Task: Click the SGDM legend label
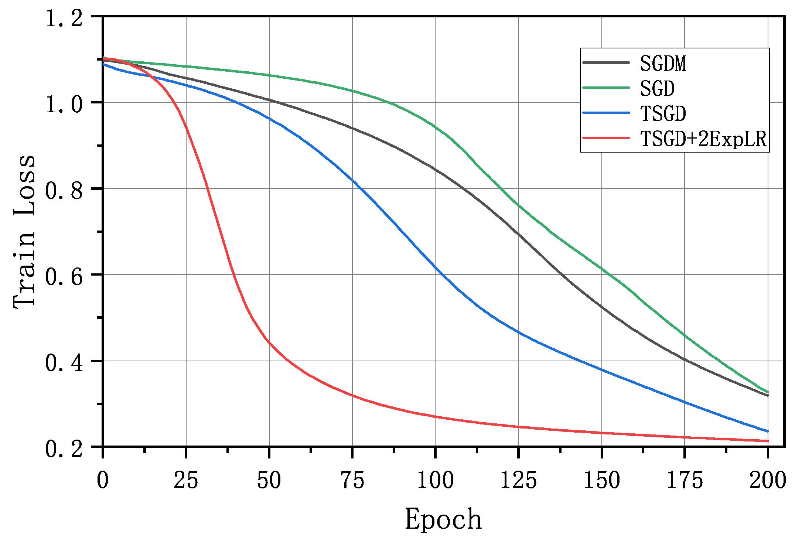tap(663, 64)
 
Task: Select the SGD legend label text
tap(657, 89)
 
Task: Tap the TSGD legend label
tap(663, 113)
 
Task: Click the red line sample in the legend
tap(606, 138)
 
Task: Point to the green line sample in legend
tap(606, 88)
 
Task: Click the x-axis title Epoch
tap(443, 519)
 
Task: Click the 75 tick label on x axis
tap(352, 481)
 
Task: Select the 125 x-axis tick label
tap(518, 481)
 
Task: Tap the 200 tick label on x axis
tap(767, 481)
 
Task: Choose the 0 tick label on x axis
tap(103, 481)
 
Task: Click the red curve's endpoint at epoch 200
tap(768, 441)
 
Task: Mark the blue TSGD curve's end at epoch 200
tap(768, 431)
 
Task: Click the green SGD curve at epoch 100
tap(435, 127)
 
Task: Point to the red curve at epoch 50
tap(269, 342)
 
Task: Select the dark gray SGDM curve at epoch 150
tap(601, 307)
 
